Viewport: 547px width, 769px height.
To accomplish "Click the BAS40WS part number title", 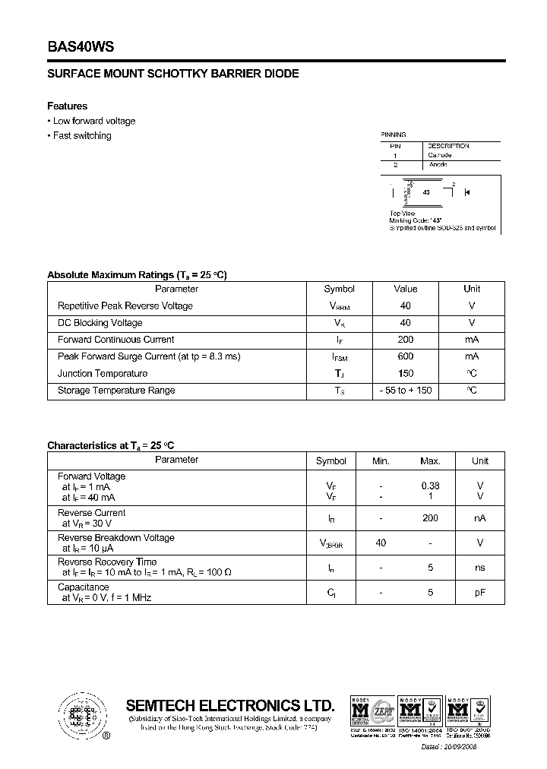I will pos(81,46).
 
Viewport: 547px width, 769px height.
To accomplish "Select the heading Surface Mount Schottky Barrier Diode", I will pos(172,74).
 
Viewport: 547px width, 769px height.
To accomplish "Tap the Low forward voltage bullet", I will pos(93,121).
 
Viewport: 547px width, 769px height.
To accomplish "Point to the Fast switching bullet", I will pos(81,136).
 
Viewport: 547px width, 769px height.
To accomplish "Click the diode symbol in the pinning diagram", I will pos(466,192).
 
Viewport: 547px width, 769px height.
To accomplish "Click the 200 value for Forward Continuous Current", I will pos(405,340).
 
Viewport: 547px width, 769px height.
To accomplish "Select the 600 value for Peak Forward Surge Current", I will pos(405,356).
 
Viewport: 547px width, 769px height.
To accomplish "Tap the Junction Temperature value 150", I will pos(405,373).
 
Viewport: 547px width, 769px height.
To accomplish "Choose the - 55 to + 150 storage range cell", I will pos(405,391).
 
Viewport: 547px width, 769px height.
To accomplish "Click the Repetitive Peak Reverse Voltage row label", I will pos(125,306).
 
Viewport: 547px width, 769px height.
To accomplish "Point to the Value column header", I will pos(405,289).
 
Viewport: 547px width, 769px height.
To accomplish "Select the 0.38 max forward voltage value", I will pos(430,486).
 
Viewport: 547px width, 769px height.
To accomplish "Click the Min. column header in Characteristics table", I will pos(381,461).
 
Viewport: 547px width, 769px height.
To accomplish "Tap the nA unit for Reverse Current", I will pos(480,518).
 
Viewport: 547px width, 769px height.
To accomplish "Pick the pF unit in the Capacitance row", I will pos(480,593).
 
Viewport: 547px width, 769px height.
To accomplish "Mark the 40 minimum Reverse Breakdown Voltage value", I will pos(381,543).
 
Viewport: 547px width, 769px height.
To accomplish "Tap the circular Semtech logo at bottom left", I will pos(80,715).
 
